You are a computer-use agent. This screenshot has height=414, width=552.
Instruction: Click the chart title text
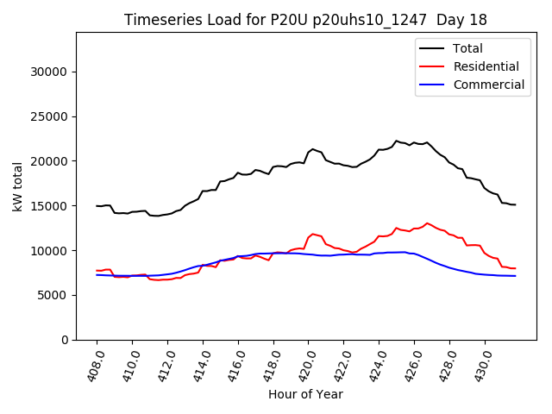pos(305,20)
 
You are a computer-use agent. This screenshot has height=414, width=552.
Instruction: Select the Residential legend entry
pos(486,66)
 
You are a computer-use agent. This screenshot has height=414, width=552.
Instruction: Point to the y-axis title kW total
pos(18,186)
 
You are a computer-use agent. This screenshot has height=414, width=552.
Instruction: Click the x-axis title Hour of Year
pos(305,394)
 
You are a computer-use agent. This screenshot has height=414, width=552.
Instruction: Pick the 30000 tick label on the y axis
pos(51,72)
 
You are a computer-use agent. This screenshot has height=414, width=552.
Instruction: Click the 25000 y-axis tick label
pos(51,116)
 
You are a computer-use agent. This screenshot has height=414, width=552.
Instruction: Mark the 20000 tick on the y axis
pos(51,161)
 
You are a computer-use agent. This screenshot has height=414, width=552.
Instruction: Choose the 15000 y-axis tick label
pos(51,206)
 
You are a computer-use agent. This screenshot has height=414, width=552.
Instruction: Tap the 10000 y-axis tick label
pos(51,251)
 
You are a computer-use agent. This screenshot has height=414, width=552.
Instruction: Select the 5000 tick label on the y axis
pos(54,295)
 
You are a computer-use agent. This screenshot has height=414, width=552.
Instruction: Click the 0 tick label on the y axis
pos(66,340)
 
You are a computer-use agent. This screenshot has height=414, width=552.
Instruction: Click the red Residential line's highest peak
pos(427,223)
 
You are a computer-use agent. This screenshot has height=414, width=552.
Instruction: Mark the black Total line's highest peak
pos(397,141)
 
